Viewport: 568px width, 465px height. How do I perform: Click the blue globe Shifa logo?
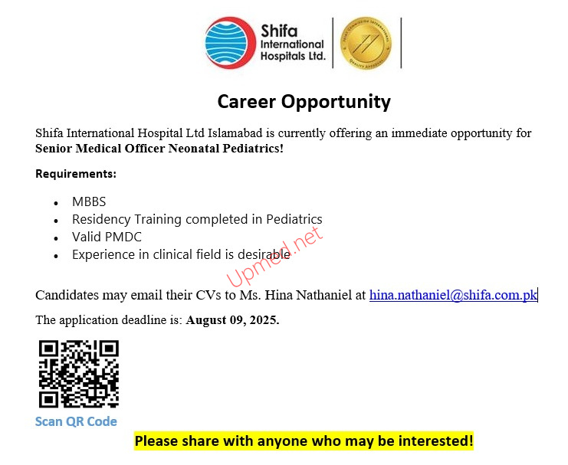coord(230,43)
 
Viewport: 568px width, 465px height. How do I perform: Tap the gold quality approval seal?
coord(366,43)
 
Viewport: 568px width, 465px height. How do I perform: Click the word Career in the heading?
coord(247,101)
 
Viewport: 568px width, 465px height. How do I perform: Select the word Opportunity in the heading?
coord(337,102)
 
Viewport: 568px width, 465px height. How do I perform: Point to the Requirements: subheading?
coord(76,174)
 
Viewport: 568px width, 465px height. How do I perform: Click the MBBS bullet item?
coord(89,201)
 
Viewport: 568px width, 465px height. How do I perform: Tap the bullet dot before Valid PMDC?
coord(56,239)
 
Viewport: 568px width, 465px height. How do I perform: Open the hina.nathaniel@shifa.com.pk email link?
coord(453,295)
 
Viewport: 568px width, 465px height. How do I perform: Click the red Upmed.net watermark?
coord(274,257)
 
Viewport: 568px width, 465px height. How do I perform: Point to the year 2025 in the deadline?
coord(264,319)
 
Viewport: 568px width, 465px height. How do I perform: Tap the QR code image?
coord(79,374)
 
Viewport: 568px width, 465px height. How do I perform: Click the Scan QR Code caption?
coord(76,421)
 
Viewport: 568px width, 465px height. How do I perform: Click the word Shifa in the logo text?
coord(279,31)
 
